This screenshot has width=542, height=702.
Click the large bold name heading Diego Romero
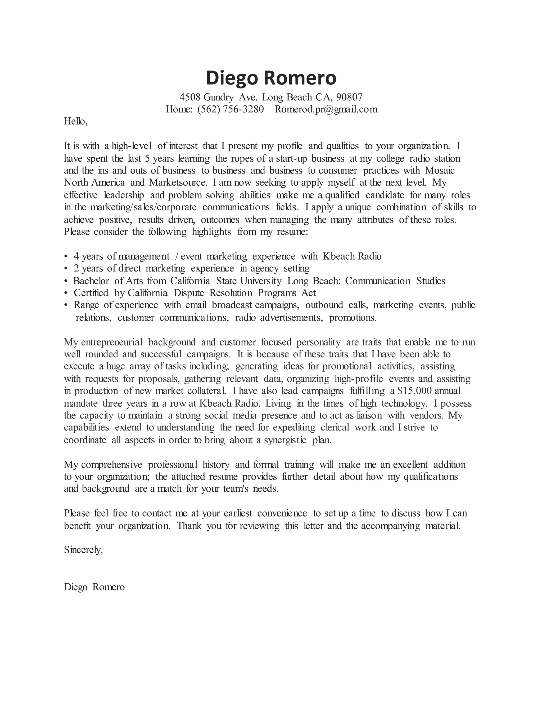coord(271,78)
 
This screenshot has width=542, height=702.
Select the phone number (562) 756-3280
coord(230,109)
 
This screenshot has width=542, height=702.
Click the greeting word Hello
coord(75,122)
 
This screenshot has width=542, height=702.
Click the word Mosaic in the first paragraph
coord(440,170)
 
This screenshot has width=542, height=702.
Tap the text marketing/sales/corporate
coord(143,207)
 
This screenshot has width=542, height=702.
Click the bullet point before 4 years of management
coord(66,257)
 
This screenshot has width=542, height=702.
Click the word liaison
coord(369,416)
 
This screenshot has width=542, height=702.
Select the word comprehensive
coord(112,465)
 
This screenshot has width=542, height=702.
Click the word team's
coord(233,489)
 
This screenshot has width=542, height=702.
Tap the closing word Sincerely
coord(83,550)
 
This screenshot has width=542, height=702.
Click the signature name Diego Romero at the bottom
coord(94,587)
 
